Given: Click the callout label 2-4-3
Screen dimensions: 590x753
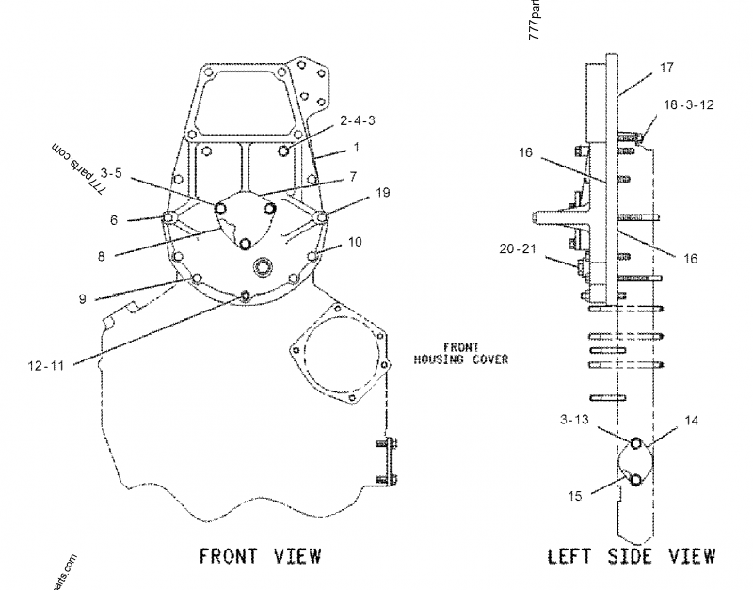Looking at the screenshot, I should coord(359,120).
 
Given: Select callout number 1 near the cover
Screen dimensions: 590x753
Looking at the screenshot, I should coord(357,148).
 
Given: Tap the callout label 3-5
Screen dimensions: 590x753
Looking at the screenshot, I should coord(111,173).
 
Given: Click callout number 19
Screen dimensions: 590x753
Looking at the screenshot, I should coord(382,192).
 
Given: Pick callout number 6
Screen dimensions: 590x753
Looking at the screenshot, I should coord(113,220).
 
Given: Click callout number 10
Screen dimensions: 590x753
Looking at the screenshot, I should coord(354,242).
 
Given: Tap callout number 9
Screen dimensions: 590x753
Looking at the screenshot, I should coord(83,299).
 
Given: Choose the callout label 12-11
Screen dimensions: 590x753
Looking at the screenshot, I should coord(44,366).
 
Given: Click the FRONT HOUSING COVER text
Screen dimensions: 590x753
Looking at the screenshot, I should coord(462,353).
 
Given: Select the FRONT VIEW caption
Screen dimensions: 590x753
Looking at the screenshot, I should coord(259,555).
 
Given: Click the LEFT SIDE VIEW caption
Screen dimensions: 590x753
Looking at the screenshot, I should coord(631,555).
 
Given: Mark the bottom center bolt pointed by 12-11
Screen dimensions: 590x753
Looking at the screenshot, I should coord(245,296).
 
